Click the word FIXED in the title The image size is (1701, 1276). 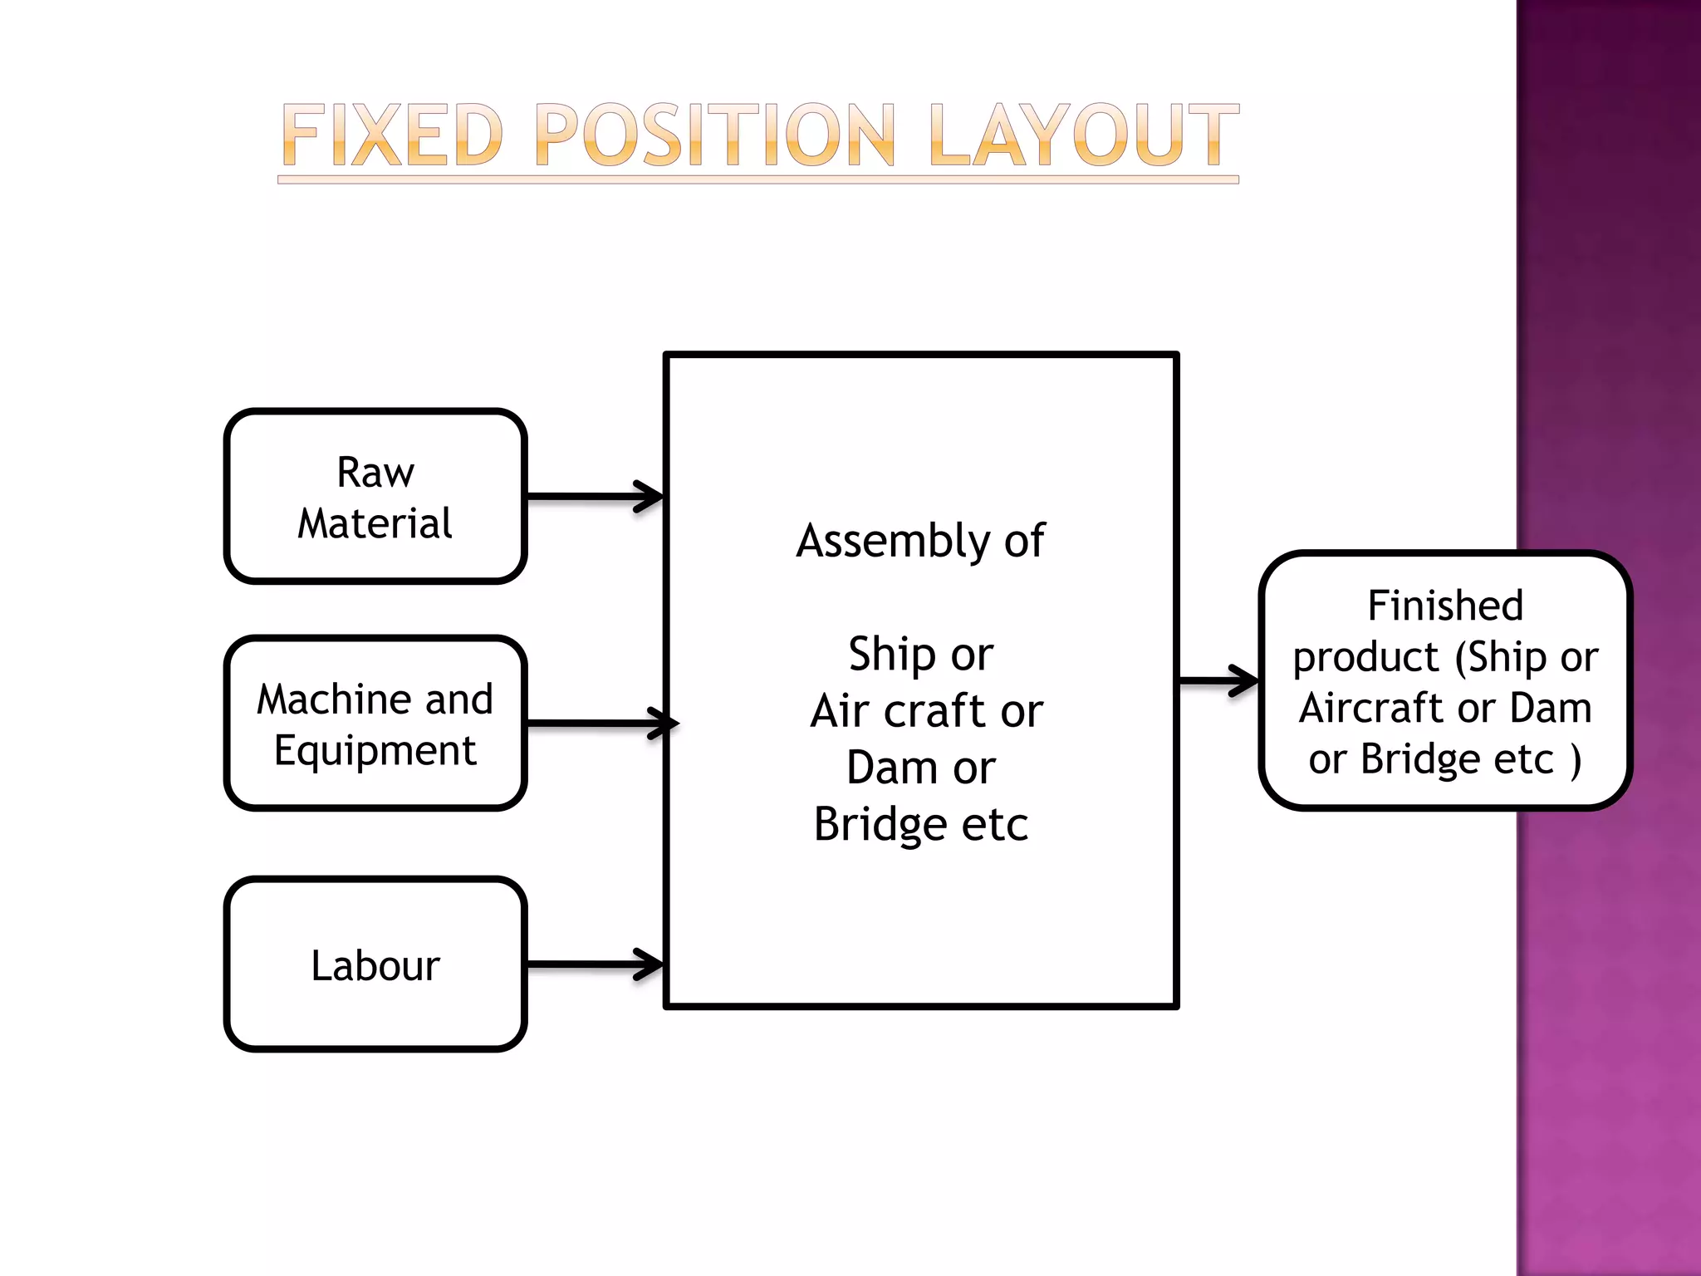click(392, 135)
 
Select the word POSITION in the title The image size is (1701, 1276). click(716, 135)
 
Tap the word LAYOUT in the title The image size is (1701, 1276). click(1083, 135)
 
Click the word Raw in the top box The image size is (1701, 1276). click(375, 473)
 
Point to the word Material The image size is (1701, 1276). click(375, 524)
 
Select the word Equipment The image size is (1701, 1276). click(375, 752)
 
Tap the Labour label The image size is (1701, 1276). click(375, 966)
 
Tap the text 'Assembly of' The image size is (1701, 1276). click(920, 542)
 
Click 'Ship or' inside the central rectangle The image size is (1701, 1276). click(920, 655)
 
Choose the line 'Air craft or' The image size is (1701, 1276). click(926, 712)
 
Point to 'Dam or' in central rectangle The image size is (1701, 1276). click(920, 768)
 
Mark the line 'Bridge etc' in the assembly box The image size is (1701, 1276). click(920, 824)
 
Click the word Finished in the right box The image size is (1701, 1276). click(1445, 606)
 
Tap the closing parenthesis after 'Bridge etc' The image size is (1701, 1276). click(1576, 760)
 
